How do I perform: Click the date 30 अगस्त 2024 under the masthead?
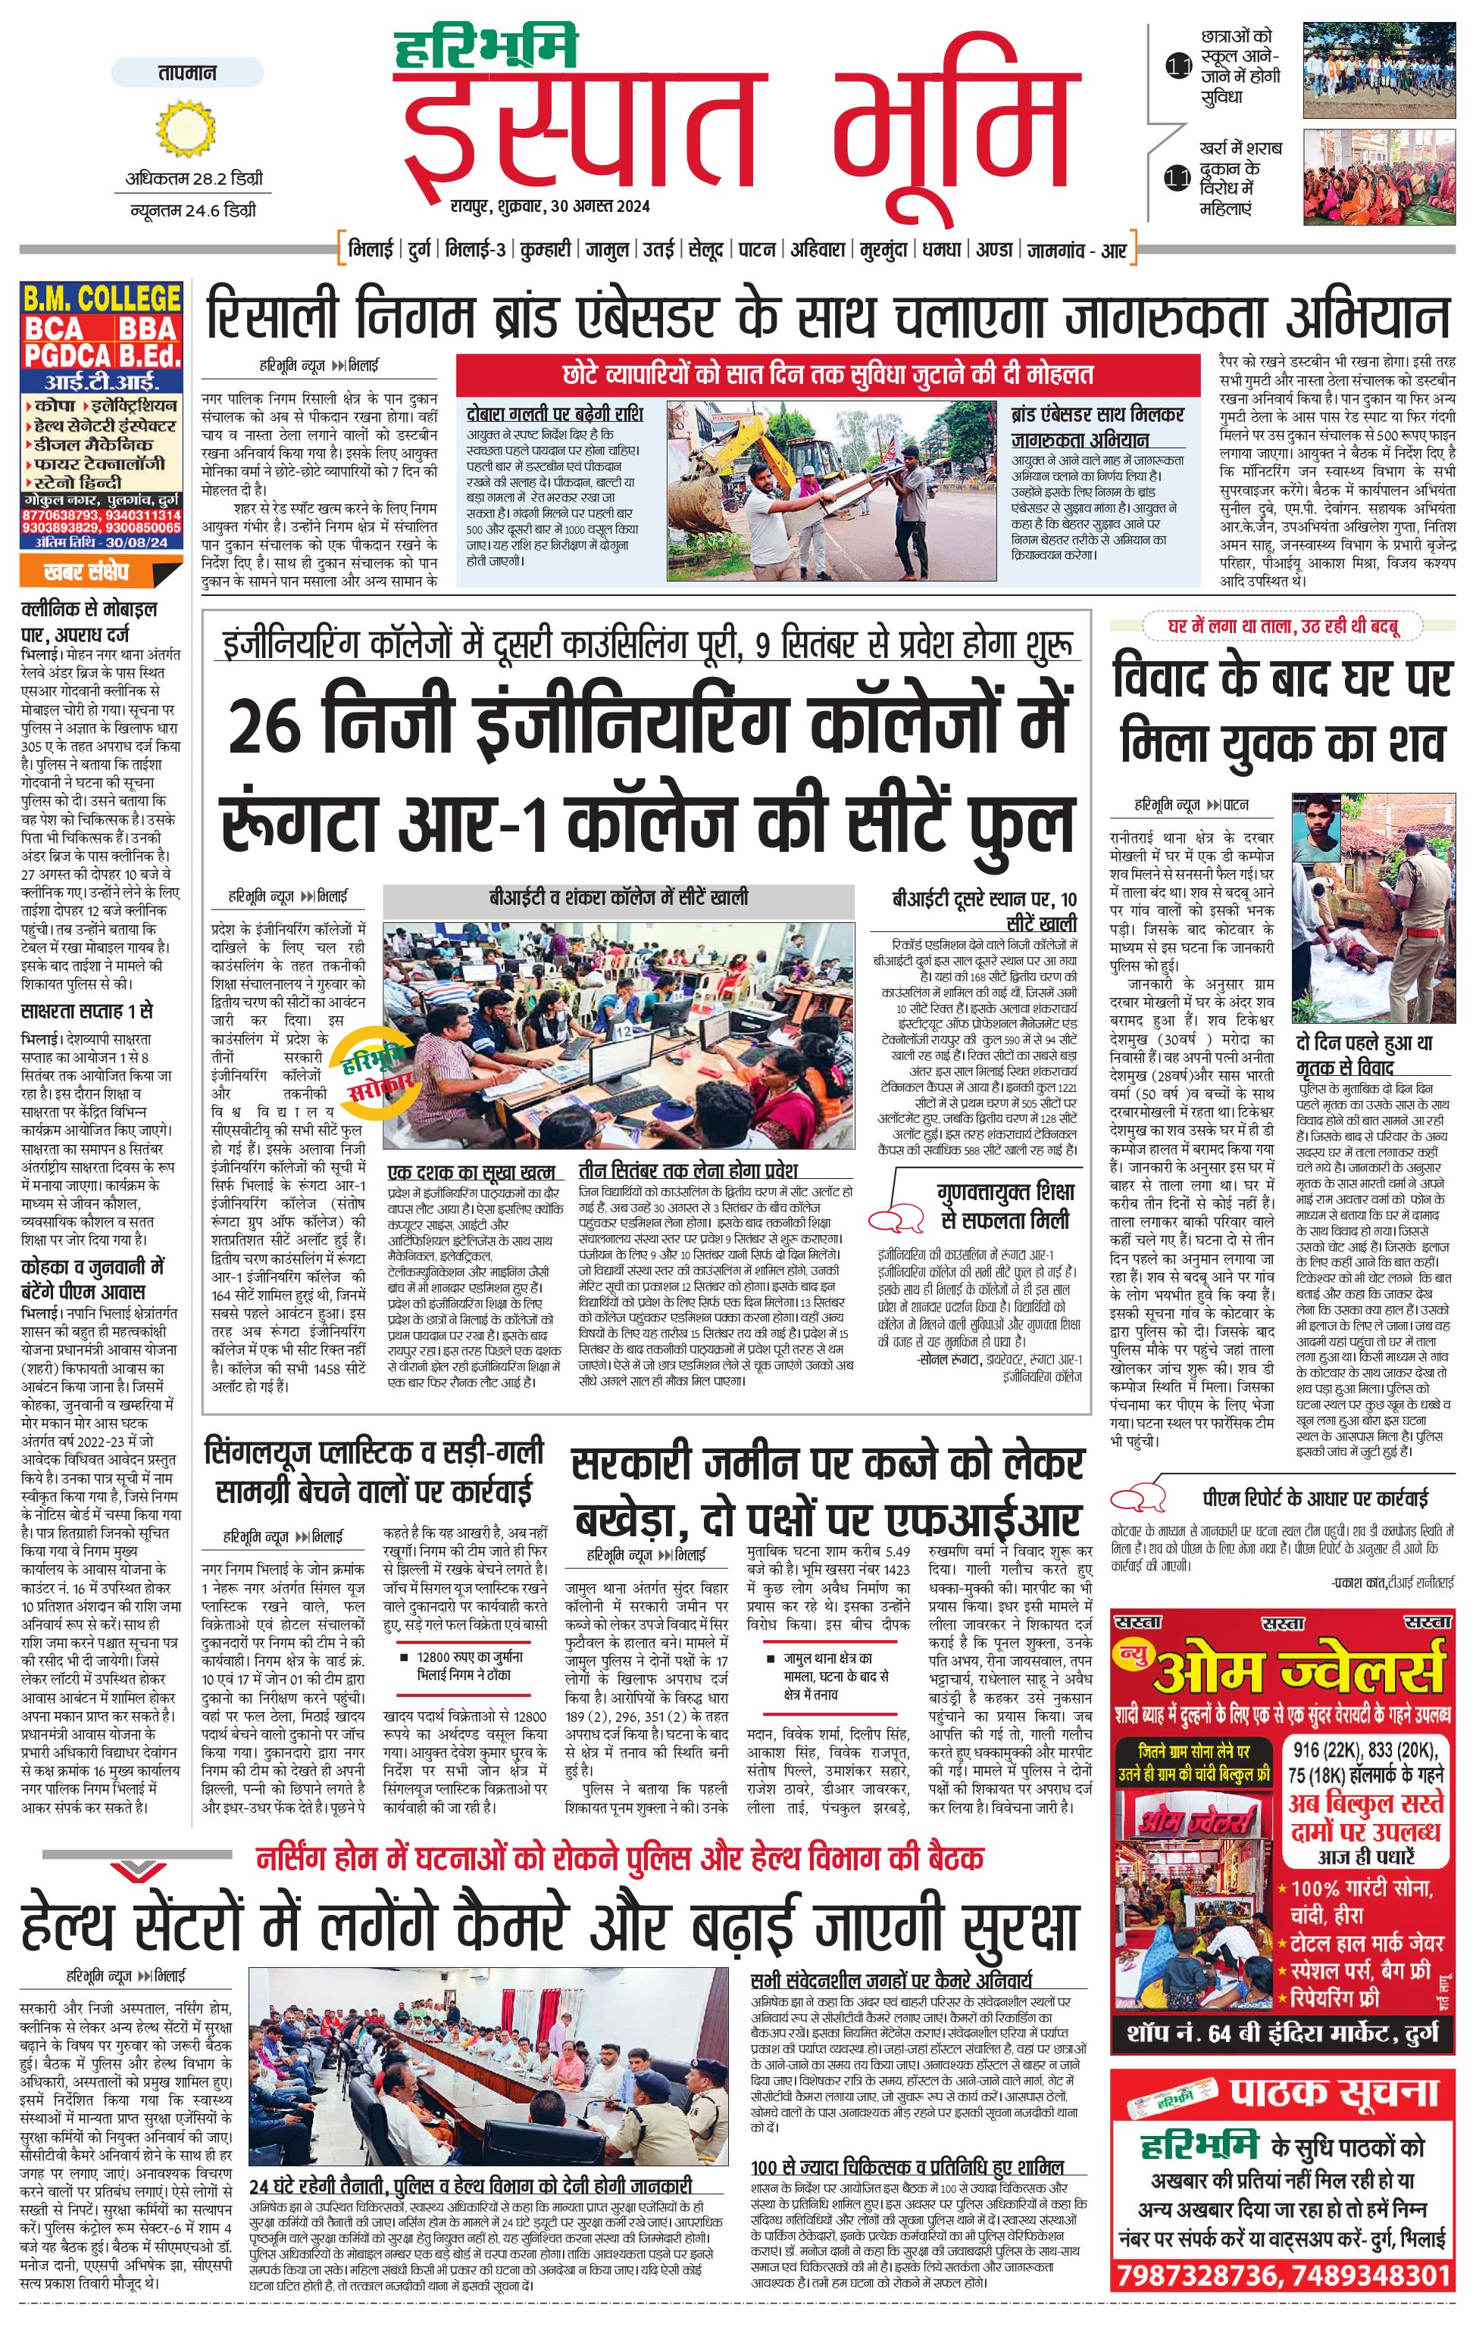pyautogui.click(x=599, y=206)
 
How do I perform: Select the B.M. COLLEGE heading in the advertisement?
pyautogui.click(x=102, y=298)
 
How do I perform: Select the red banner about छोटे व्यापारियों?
pyautogui.click(x=827, y=375)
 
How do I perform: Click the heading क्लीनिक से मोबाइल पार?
pyautogui.click(x=89, y=619)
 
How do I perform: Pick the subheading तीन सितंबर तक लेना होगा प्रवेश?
pyautogui.click(x=687, y=1170)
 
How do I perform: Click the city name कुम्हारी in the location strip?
pyautogui.click(x=545, y=250)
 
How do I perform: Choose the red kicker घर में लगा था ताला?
pyautogui.click(x=1284, y=626)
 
